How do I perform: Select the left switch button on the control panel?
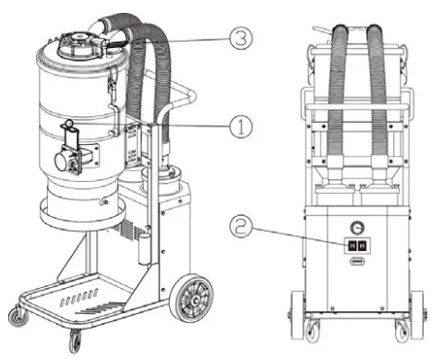click(350, 245)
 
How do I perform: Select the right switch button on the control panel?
click(362, 245)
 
